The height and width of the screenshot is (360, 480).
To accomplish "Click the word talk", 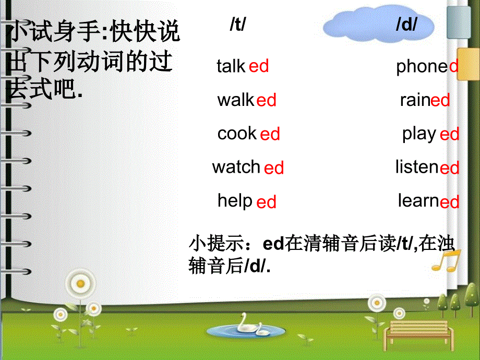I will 231,66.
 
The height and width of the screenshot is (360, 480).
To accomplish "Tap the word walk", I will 236,100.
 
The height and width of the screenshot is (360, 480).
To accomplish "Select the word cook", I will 237,134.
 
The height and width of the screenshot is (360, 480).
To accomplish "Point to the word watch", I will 236,167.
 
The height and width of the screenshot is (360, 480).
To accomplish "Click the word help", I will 235,201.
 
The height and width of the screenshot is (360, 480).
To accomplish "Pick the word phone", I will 422,66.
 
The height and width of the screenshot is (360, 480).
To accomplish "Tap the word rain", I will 415,100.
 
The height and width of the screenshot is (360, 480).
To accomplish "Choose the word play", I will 419,134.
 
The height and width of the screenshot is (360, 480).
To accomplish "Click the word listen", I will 417,167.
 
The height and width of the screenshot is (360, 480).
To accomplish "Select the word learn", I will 418,201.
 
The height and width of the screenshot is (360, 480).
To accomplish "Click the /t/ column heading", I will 238,25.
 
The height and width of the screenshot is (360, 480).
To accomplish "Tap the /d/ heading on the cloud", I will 406,25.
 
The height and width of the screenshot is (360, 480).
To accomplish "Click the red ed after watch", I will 274,168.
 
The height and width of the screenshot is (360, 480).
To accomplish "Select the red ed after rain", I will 440,100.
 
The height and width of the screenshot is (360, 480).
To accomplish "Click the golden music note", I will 446,259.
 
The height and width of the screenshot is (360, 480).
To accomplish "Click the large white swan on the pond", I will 245,326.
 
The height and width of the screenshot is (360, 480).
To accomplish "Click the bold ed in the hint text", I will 272,244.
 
